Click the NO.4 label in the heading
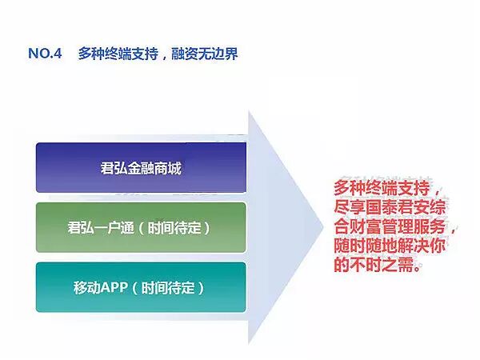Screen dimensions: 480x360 (45, 54)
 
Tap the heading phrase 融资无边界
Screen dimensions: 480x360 (204, 54)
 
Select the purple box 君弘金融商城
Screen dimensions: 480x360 (141, 168)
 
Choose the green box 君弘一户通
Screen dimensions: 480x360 (141, 227)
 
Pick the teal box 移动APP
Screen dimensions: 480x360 (141, 286)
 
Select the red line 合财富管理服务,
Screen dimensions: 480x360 (392, 228)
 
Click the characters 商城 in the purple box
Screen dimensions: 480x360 (169, 168)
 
